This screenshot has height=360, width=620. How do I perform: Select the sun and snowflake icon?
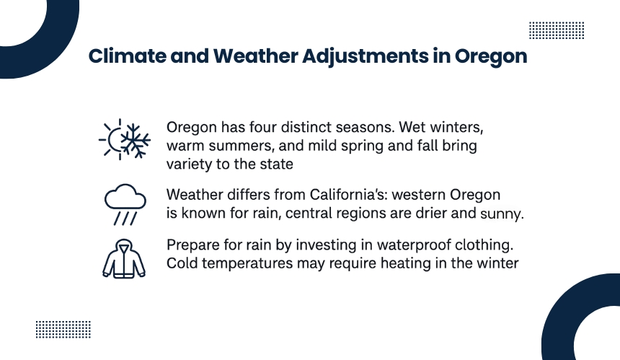(125, 139)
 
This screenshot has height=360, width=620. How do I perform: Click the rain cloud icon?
(125, 204)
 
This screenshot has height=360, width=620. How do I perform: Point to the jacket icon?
(124, 259)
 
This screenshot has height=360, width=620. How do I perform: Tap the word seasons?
(365, 128)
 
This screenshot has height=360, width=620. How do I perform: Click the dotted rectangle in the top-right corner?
(557, 30)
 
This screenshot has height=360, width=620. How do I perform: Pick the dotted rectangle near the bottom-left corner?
(63, 329)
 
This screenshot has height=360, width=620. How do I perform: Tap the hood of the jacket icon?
(124, 244)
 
